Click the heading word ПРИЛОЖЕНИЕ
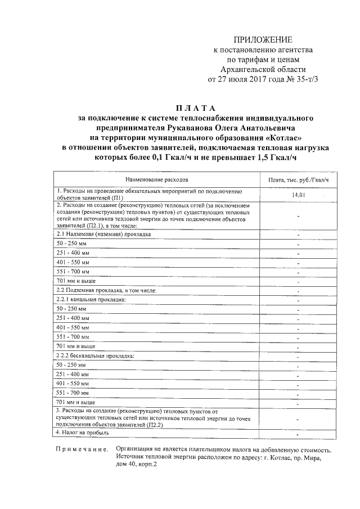point(263,40)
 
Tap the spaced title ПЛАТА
point(195,108)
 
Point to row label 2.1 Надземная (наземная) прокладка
point(103,233)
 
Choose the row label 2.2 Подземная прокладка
point(106,290)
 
